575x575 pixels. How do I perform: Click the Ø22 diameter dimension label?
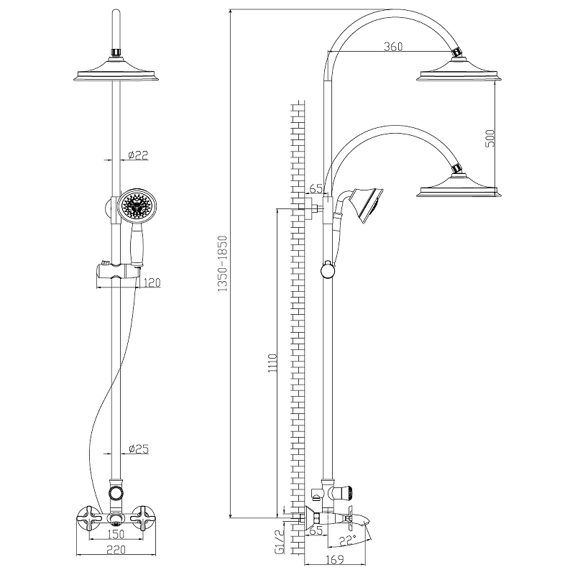pos(137,155)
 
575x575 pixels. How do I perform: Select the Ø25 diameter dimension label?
pos(138,449)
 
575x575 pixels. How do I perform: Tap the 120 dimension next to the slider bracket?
pos(151,282)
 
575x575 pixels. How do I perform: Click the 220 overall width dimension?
pos(112,551)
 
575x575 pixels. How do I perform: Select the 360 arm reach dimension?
pos(392,47)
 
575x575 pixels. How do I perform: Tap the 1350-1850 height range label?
pos(223,263)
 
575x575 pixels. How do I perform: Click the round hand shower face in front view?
pos(136,205)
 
